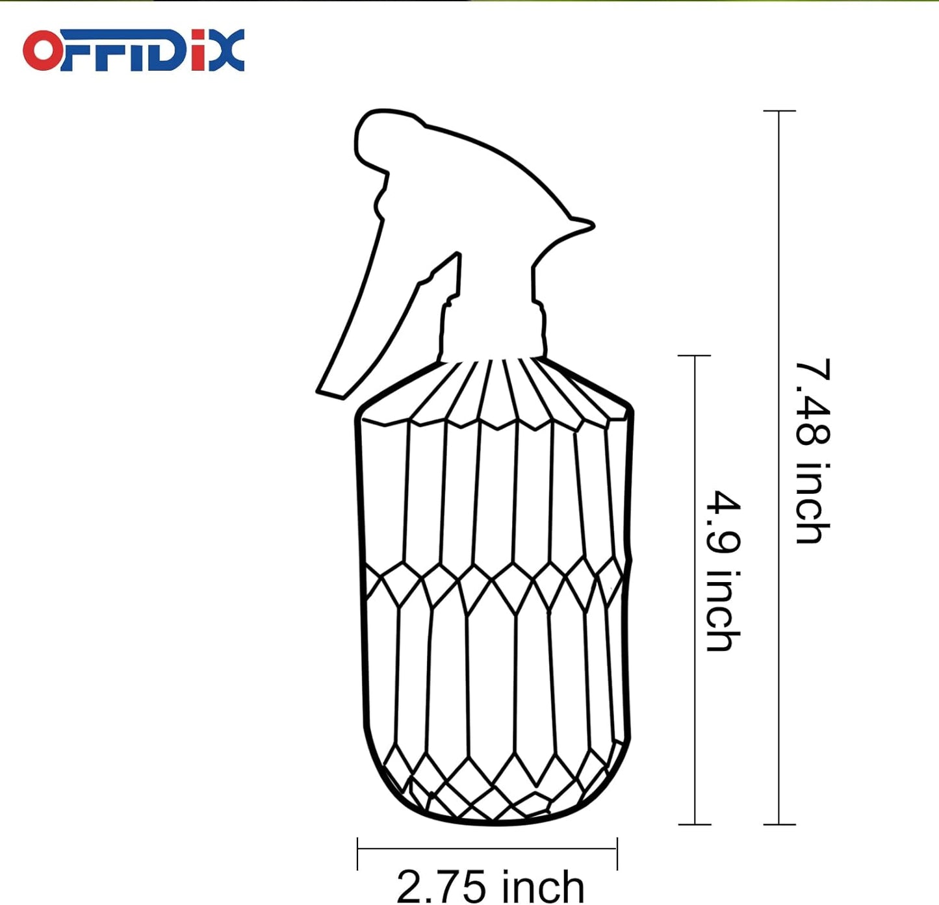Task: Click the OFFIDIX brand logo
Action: click(133, 50)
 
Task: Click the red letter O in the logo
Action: click(42, 51)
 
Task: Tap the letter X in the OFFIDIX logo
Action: click(227, 50)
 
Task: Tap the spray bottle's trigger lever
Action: click(357, 312)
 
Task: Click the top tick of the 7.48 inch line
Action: click(779, 112)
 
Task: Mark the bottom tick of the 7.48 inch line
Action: click(779, 824)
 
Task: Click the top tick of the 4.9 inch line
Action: click(695, 356)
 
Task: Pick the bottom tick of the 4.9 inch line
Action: click(695, 824)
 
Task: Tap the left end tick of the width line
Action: click(358, 854)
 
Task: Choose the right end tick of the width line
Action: click(617, 854)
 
